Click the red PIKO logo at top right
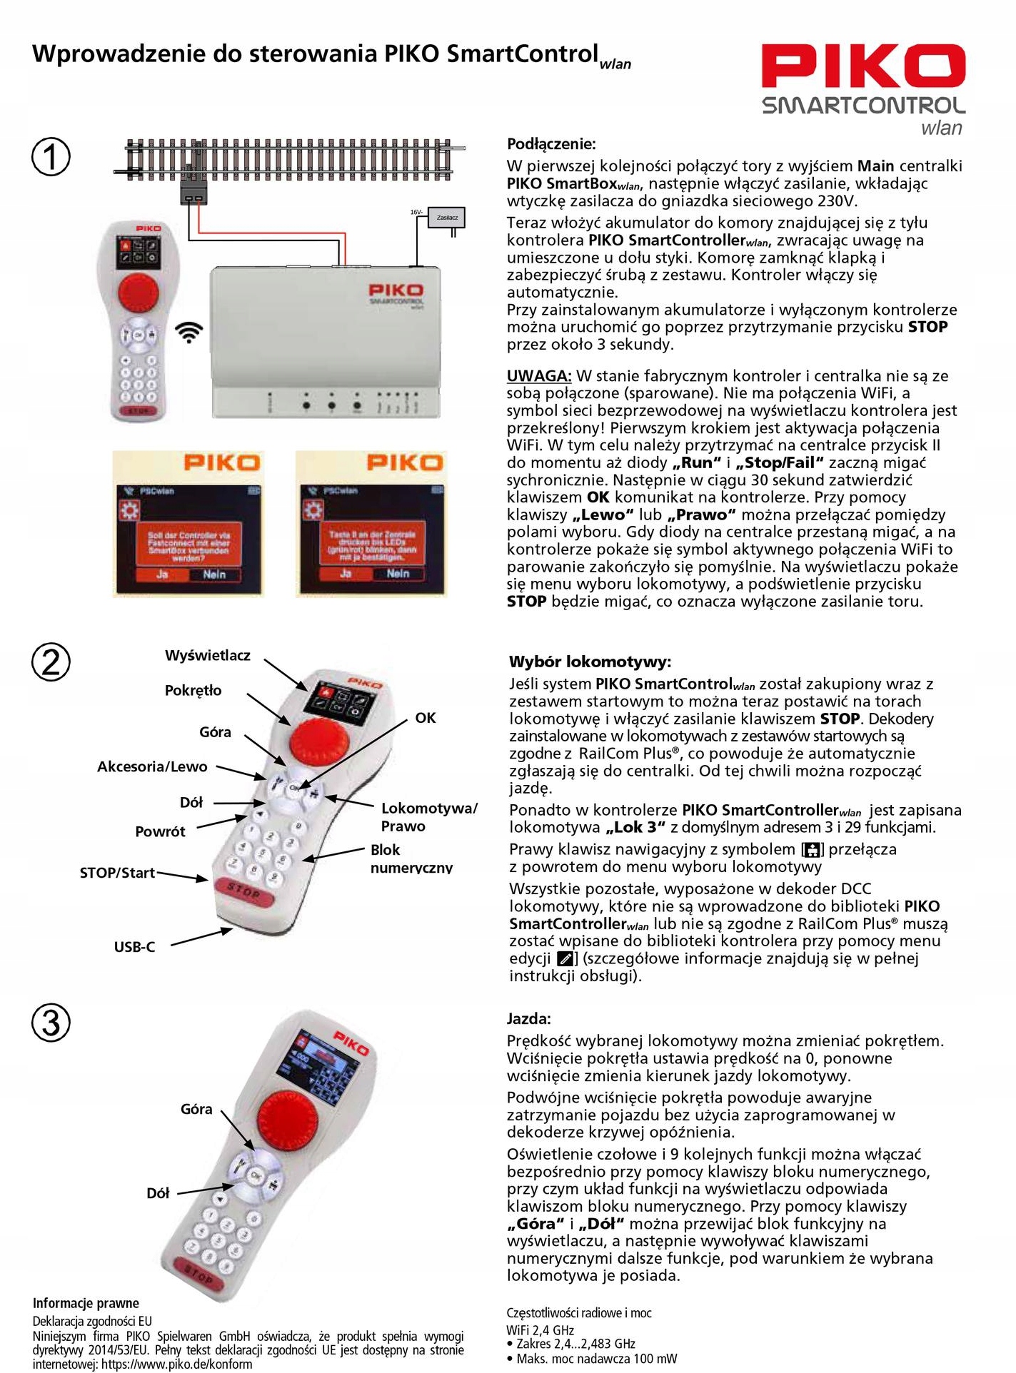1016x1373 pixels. [x=862, y=66]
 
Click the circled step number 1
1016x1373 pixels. [x=51, y=156]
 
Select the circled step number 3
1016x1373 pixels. [x=51, y=1022]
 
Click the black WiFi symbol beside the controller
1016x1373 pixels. [x=189, y=332]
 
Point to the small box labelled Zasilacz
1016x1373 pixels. [x=447, y=217]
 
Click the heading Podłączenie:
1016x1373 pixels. [x=550, y=144]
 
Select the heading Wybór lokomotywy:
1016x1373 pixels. [x=590, y=662]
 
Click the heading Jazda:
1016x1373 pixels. [x=528, y=1018]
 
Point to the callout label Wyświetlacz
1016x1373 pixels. [x=208, y=655]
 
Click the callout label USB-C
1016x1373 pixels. [x=134, y=947]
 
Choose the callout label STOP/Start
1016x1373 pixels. [x=117, y=873]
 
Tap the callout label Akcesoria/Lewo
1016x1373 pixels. [x=152, y=766]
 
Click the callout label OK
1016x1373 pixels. [x=426, y=718]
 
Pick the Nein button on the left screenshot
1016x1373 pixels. [x=214, y=574]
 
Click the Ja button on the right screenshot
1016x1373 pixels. [x=346, y=574]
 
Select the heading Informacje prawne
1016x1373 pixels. [x=86, y=1303]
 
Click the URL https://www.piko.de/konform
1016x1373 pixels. [x=176, y=1364]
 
